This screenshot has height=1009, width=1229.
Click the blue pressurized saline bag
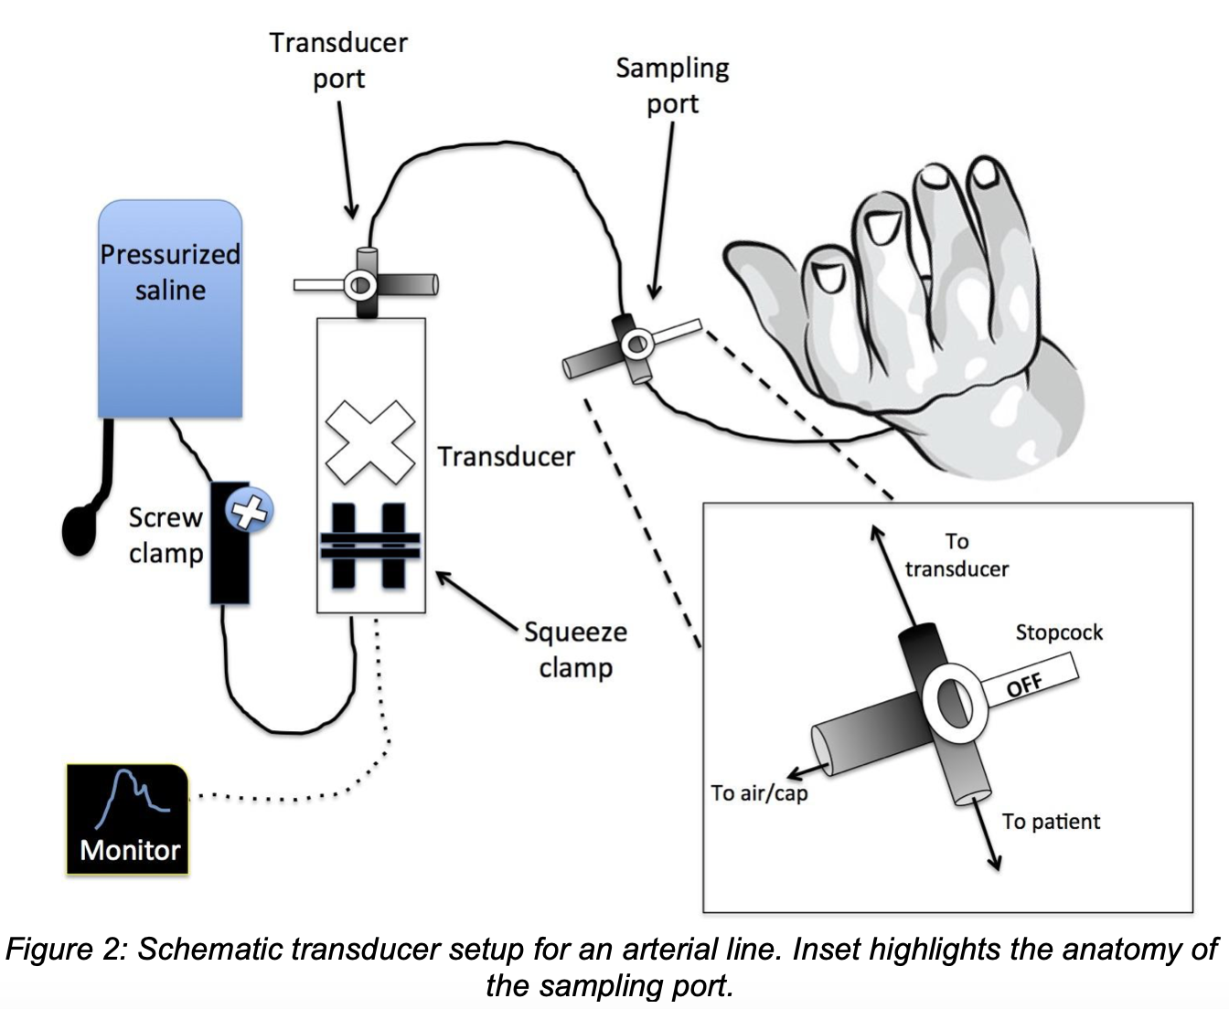click(169, 309)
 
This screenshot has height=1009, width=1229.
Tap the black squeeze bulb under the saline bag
click(80, 531)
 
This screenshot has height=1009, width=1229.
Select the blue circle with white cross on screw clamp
click(250, 511)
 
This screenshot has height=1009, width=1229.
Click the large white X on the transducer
click(370, 442)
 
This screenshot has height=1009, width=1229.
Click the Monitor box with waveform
click(128, 819)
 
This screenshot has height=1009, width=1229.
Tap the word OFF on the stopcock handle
click(1024, 685)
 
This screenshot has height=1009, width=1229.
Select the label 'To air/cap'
click(759, 793)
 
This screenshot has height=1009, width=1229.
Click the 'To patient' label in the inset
click(1051, 822)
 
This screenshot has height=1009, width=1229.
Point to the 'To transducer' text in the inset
click(956, 555)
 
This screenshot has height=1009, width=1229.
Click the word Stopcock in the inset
click(1059, 632)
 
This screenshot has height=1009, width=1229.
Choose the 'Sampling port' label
click(672, 86)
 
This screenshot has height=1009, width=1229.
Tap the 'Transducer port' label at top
click(338, 60)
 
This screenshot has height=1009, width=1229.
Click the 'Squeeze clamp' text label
click(575, 650)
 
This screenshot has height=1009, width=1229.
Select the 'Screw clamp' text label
click(166, 536)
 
